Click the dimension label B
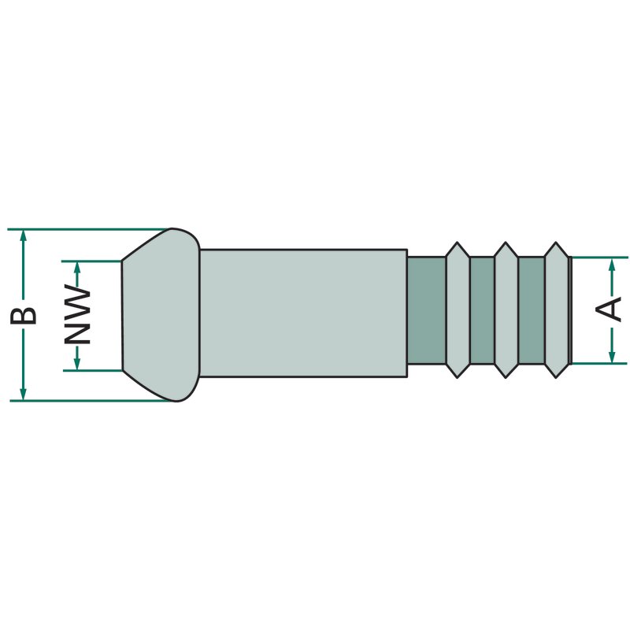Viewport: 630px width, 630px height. [24, 316]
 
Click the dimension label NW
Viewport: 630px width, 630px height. [77, 314]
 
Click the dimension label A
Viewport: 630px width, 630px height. [608, 309]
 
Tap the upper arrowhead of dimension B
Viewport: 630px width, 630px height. [24, 235]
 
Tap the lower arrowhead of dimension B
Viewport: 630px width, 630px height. [24, 395]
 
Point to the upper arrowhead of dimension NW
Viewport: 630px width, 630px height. [77, 268]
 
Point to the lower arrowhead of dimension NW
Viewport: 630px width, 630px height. [77, 364]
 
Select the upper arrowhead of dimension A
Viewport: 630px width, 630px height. [612, 264]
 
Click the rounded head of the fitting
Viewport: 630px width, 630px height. [161, 315]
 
